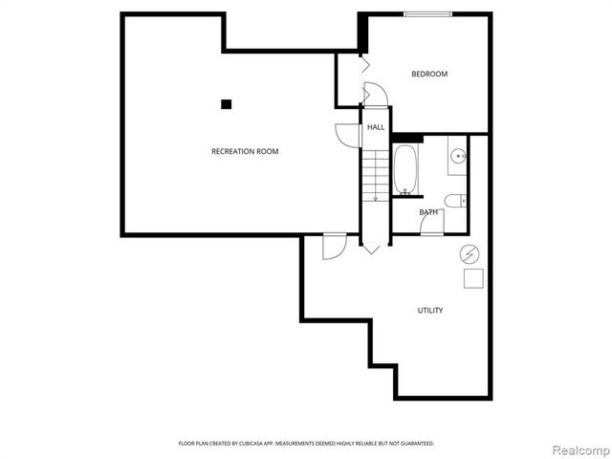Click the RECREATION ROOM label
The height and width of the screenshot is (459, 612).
tap(245, 151)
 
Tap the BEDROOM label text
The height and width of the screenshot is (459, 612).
tap(429, 74)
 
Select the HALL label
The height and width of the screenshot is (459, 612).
tap(376, 126)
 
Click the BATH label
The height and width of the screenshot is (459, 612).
tap(428, 211)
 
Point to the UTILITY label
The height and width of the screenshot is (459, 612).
tap(429, 310)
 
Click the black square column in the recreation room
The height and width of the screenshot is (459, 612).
tap(227, 104)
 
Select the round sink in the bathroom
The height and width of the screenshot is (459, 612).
tap(458, 155)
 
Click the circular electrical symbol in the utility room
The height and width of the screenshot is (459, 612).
tap(470, 254)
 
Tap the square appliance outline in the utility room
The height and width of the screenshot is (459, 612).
tap(472, 278)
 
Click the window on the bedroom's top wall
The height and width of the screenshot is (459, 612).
tap(427, 13)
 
